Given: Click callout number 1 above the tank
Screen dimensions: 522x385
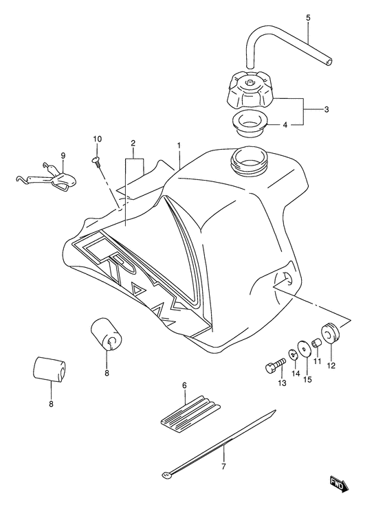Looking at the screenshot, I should click(179, 146).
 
